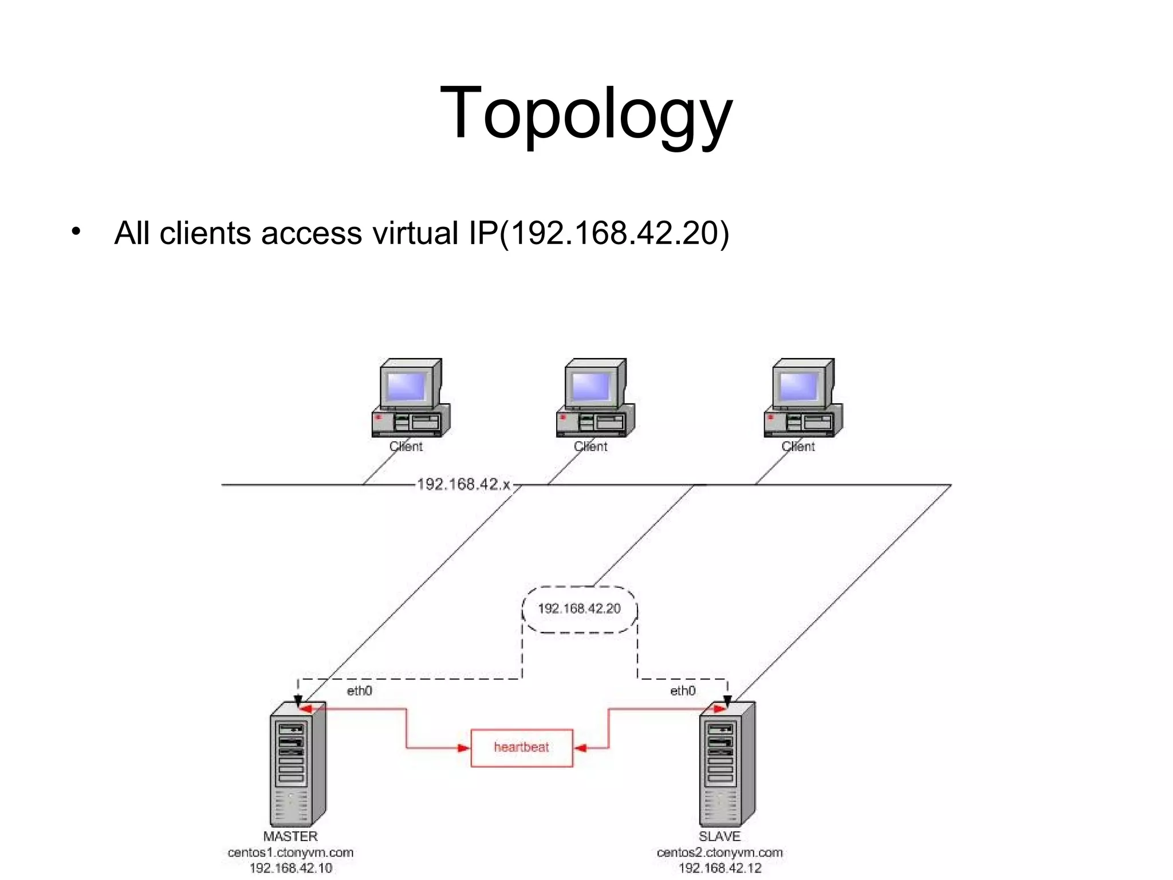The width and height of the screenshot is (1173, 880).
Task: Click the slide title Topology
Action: [x=586, y=113]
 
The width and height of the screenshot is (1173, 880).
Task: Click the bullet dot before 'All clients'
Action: [x=76, y=232]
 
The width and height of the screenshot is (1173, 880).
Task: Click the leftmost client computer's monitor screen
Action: [x=407, y=386]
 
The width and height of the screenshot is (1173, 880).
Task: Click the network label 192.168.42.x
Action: [x=463, y=485]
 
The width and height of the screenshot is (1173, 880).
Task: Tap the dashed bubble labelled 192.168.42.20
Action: [x=579, y=608]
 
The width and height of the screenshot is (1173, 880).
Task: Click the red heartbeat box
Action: [x=521, y=747]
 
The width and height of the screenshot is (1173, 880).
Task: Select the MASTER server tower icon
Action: [x=297, y=764]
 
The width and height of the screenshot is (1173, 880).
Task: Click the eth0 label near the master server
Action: [x=359, y=691]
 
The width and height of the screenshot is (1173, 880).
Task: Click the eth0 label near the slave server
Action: [x=682, y=691]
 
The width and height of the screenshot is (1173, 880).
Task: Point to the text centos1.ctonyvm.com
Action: [x=290, y=852]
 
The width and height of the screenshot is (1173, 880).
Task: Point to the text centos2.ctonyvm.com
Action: [x=719, y=852]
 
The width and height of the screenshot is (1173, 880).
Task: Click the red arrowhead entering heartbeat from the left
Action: [x=463, y=748]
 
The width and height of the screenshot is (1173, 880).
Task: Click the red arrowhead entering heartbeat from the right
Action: [x=580, y=748]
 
